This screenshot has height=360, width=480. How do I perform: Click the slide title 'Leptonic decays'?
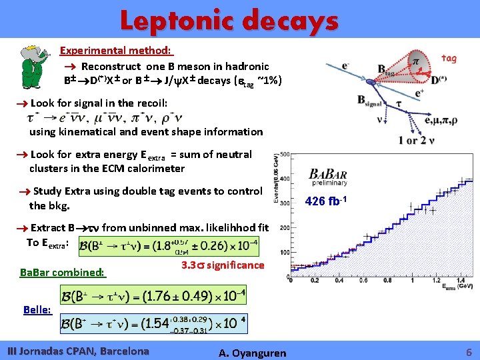pos(229,21)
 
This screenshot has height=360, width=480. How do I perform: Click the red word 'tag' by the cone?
pos(449,59)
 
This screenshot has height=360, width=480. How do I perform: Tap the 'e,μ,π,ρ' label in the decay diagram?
pos(433,120)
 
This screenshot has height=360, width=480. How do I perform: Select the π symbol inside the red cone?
pos(416,61)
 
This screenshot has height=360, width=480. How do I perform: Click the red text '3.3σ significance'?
pos(222,265)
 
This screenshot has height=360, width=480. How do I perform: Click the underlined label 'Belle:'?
pos(36,309)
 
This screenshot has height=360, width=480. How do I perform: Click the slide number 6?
pos(469,351)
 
